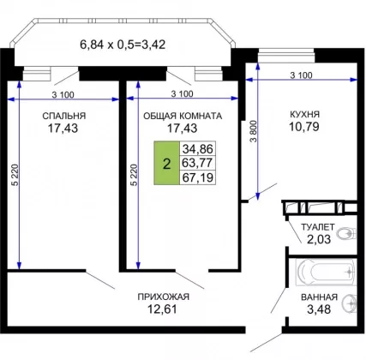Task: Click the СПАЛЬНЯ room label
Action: [x=64, y=116]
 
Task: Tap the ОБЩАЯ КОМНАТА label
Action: [x=183, y=116]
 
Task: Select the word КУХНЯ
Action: [x=305, y=114]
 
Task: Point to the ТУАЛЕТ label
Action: [x=318, y=227]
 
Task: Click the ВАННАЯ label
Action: [x=319, y=297]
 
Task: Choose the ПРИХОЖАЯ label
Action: [x=164, y=297]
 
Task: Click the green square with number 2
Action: [x=166, y=163]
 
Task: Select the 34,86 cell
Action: [x=198, y=148]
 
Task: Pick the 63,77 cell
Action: [x=198, y=163]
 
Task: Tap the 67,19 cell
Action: [x=198, y=177]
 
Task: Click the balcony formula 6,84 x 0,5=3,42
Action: [x=123, y=45]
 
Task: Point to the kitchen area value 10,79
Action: [x=304, y=127]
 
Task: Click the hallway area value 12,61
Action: [x=162, y=309]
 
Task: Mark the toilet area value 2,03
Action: [x=319, y=239]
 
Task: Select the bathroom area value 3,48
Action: [x=319, y=309]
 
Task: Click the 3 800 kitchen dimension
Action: [x=255, y=131]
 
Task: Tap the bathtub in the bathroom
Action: [x=326, y=272]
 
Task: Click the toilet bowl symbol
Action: [x=346, y=234]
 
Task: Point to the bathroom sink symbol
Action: [x=350, y=303]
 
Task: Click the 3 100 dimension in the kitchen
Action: [x=302, y=75]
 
